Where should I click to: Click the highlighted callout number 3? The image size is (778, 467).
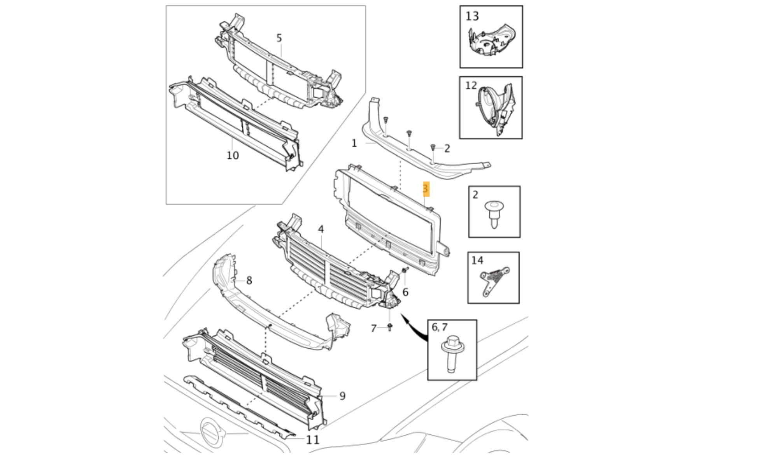pyautogui.click(x=426, y=189)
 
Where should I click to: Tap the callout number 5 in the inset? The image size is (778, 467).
pyautogui.click(x=279, y=38)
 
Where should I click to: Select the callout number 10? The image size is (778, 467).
pyautogui.click(x=233, y=156)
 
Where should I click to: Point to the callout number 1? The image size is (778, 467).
pyautogui.click(x=354, y=144)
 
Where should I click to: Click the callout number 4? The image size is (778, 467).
pyautogui.click(x=321, y=230)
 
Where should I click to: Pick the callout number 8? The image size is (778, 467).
pyautogui.click(x=249, y=280)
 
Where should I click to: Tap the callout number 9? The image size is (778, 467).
pyautogui.click(x=342, y=396)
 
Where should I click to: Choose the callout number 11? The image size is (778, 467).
pyautogui.click(x=313, y=440)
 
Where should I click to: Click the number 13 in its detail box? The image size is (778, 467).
pyautogui.click(x=472, y=16)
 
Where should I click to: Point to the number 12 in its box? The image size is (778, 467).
pyautogui.click(x=471, y=86)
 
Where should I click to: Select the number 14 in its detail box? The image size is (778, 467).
pyautogui.click(x=477, y=260)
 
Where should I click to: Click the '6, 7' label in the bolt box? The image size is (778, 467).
pyautogui.click(x=440, y=327)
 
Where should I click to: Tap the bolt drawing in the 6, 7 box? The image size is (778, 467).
pyautogui.click(x=453, y=353)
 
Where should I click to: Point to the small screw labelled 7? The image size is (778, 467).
pyautogui.click(x=390, y=327)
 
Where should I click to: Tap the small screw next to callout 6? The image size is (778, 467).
pyautogui.click(x=406, y=270)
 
